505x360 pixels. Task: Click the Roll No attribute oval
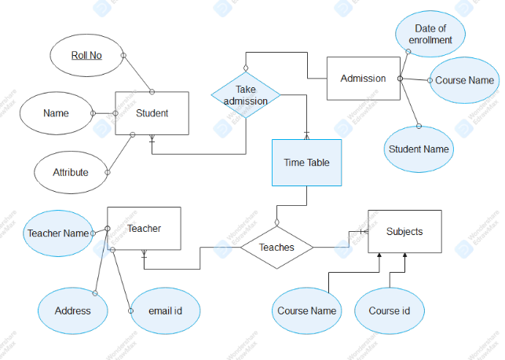pos(86,55)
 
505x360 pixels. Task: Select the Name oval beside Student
pos(56,113)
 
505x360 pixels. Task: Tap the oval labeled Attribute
pos(70,172)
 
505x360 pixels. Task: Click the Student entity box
pos(152,113)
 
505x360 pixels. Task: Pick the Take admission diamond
pos(245,95)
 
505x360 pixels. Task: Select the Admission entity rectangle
pos(362,78)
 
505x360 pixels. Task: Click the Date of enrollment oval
pos(430,35)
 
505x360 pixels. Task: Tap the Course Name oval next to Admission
pos(464,80)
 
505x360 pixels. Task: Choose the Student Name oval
pos(419,149)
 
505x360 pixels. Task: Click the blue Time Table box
pos(306,163)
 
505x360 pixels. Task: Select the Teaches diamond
pos(276,247)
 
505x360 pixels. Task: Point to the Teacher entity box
pos(144,229)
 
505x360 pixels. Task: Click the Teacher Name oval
pos(58,233)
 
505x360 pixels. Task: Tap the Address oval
pos(72,310)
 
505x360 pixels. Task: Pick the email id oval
pos(165,310)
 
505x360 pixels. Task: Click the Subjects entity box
pos(404,231)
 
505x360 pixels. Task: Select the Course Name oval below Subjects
pos(306,310)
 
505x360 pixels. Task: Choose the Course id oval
pos(390,310)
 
